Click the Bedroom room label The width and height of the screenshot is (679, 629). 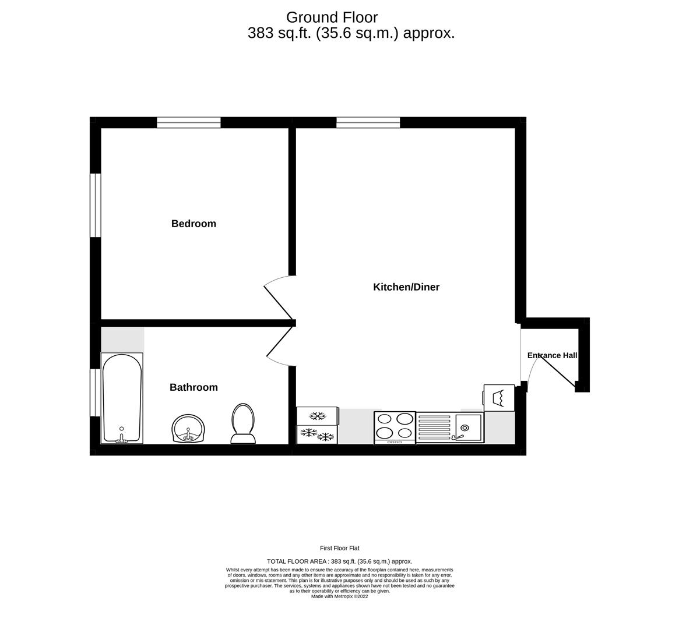click(x=194, y=224)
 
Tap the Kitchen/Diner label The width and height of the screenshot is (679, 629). click(x=406, y=287)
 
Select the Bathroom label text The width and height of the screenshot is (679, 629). click(x=194, y=387)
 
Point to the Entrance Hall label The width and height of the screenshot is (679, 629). click(x=552, y=355)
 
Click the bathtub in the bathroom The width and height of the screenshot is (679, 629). click(x=122, y=398)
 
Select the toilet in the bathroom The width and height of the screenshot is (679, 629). click(x=243, y=423)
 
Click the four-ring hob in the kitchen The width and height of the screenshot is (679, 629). click(x=395, y=427)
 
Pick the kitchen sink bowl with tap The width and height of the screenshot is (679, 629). click(x=469, y=427)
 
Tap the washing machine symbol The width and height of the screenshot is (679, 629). click(x=499, y=398)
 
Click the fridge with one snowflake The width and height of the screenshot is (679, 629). click(x=317, y=416)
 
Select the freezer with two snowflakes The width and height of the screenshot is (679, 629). click(x=317, y=435)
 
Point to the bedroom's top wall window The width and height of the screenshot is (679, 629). click(x=189, y=122)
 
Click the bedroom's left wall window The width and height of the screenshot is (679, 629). click(x=95, y=205)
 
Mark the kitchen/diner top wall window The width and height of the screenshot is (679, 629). click(x=368, y=122)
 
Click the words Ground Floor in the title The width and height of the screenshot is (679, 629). click(x=332, y=17)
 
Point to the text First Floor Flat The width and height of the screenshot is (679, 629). click(x=340, y=548)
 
